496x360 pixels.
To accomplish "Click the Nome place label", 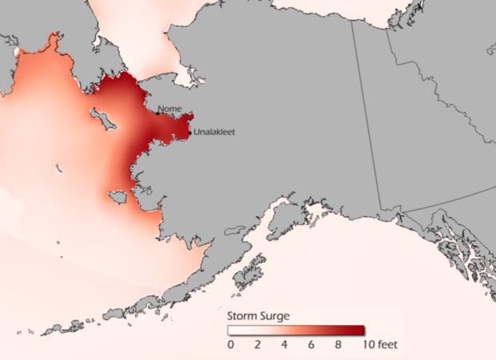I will point(170,109).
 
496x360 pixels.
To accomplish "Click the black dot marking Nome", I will point(157,113).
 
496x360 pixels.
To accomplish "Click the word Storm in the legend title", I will point(243,316).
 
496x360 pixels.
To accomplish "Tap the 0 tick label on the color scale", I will point(231,346).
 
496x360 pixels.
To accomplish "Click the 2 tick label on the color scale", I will point(257,346).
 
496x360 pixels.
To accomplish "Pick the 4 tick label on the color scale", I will point(284,346).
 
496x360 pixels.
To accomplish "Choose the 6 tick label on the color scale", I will point(311,346).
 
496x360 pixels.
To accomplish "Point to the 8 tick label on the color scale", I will point(338,346).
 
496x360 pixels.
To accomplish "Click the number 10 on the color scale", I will point(364,346).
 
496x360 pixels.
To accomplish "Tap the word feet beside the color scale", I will point(386,346).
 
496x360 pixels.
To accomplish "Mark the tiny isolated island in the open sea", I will point(59,168).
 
